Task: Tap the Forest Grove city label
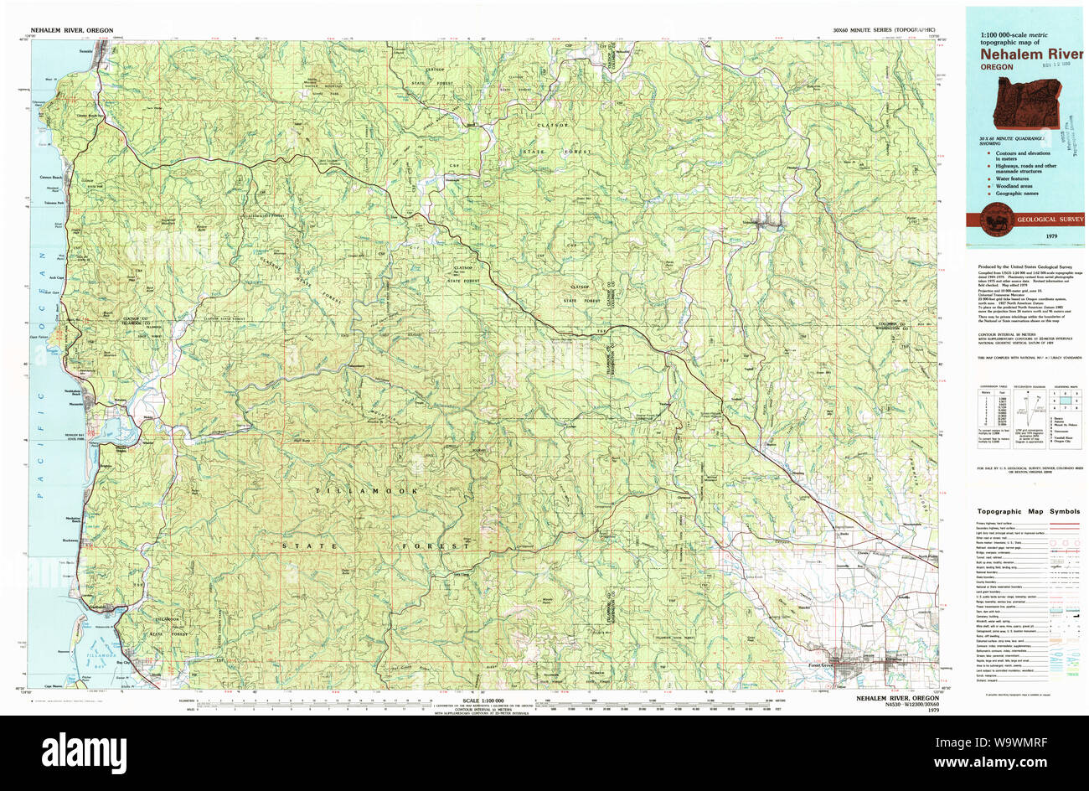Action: click(x=824, y=667)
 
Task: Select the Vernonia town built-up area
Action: click(x=769, y=224)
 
